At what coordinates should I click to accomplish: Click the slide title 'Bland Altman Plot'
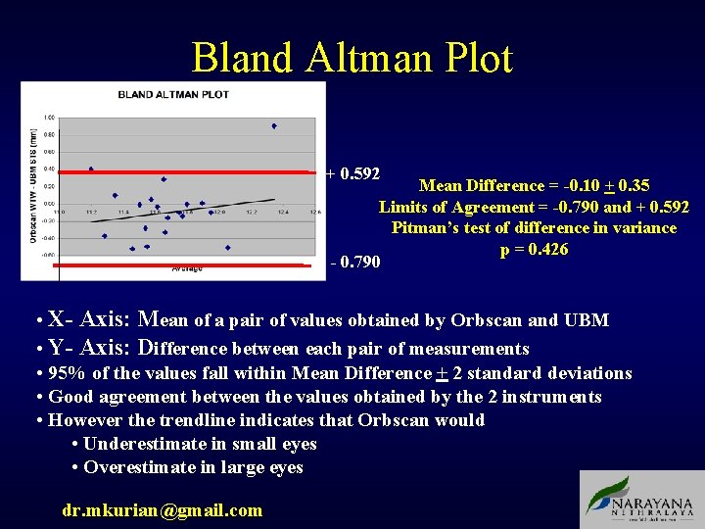coord(352,58)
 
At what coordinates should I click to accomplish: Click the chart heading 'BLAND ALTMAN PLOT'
coord(173,95)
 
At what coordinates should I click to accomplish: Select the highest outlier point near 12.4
coord(274,125)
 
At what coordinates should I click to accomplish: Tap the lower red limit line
coord(186,264)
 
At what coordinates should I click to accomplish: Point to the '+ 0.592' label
coord(352,174)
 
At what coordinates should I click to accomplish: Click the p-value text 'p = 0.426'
coord(534,249)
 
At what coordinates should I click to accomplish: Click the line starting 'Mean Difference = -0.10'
coord(534,185)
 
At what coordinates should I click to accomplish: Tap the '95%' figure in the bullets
coord(69,373)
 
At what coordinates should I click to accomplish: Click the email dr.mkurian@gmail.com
coord(162,509)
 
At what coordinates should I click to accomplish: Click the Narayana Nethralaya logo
coord(640,500)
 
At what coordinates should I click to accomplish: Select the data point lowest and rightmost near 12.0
coord(228,248)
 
